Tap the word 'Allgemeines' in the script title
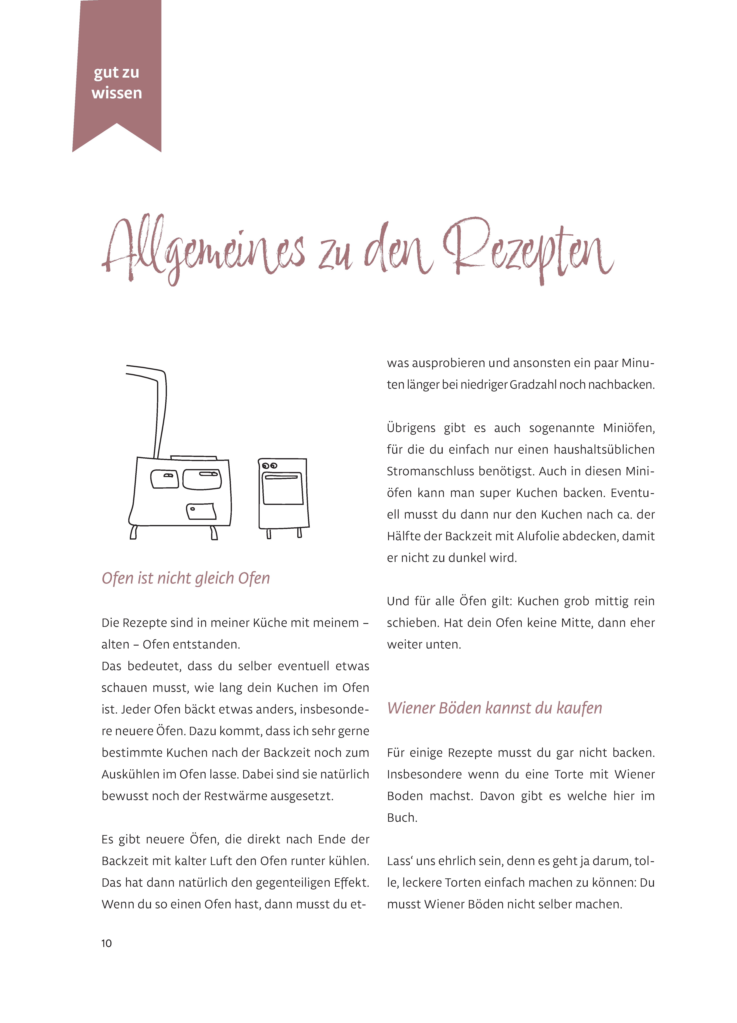203,250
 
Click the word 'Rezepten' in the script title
528,250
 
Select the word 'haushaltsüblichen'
597,450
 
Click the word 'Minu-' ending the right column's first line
638,363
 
